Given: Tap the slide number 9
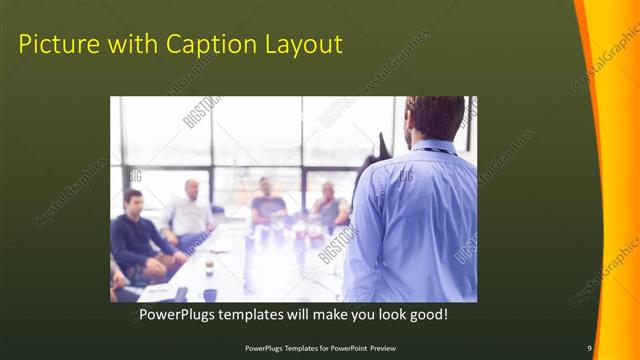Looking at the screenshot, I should pyautogui.click(x=589, y=348).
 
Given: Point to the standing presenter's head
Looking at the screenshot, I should pyautogui.click(x=436, y=118).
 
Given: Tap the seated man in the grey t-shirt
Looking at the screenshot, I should pyautogui.click(x=267, y=204).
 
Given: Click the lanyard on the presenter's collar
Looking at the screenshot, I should pyautogui.click(x=437, y=151).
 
